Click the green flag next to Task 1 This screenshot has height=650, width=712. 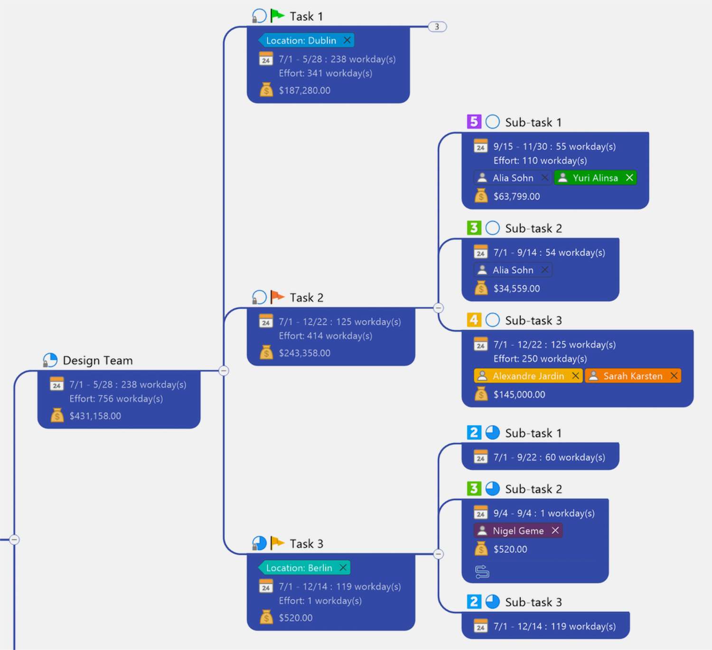click(x=277, y=16)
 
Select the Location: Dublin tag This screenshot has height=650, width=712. click(x=301, y=40)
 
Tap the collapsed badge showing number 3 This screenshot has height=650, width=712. click(x=437, y=27)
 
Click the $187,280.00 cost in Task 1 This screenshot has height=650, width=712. click(x=304, y=90)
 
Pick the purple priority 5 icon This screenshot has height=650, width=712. click(x=474, y=122)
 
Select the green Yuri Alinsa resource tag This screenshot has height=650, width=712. click(x=595, y=178)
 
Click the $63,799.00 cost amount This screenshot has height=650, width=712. click(x=516, y=196)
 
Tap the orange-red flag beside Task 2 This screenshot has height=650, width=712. click(x=277, y=297)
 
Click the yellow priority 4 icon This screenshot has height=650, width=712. click(x=474, y=320)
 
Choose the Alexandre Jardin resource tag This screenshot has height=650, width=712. click(x=527, y=376)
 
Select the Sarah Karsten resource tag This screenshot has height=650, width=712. click(x=632, y=376)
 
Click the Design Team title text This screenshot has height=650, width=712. click(x=98, y=361)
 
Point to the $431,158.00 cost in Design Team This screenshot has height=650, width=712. click(x=95, y=416)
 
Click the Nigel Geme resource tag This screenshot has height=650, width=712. click(x=518, y=530)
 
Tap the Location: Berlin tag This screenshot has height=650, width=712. click(x=299, y=568)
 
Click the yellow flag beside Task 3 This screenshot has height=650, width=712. click(x=277, y=543)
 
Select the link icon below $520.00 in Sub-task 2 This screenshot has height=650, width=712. click(x=482, y=572)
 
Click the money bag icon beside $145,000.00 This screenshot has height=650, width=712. click(x=481, y=394)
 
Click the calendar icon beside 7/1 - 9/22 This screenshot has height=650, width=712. click(x=480, y=457)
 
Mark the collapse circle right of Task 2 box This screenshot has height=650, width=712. click(x=439, y=308)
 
